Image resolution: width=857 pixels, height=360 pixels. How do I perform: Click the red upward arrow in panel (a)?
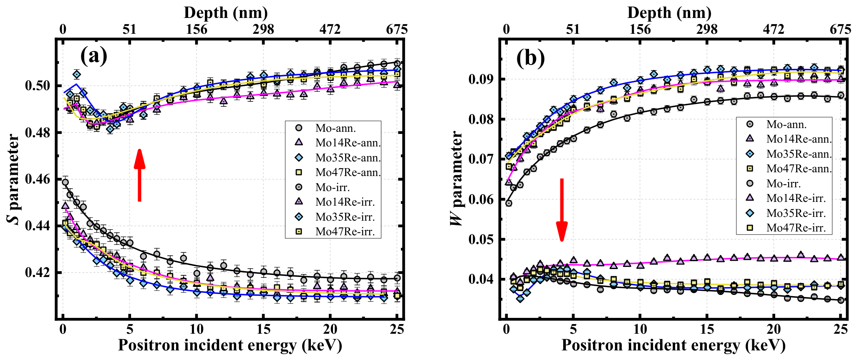(139, 175)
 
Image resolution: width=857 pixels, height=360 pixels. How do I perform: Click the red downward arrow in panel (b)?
(562, 210)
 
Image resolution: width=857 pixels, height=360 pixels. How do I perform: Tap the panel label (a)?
(94, 55)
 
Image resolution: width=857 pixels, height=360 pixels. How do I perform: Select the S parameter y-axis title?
(13, 179)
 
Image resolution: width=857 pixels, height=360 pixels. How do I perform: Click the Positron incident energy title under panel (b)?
(673, 345)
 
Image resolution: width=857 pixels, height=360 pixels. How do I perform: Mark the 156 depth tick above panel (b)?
(640, 29)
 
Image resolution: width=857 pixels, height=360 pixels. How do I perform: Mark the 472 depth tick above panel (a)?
(330, 29)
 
